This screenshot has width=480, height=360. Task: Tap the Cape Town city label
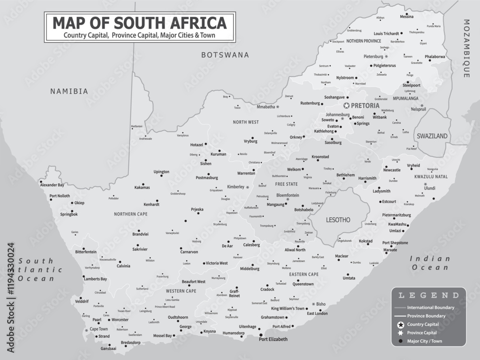coord(99,329)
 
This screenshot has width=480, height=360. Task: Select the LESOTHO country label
coord(338,220)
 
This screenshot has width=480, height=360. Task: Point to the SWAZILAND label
coord(432,136)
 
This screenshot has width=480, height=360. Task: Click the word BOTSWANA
coord(225,55)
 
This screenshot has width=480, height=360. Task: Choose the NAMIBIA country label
coord(70,91)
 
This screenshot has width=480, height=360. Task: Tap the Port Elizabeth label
coord(273,339)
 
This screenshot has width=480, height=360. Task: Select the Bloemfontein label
coord(288,195)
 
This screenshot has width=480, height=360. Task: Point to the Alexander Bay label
coord(52,185)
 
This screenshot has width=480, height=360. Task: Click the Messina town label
coord(407,17)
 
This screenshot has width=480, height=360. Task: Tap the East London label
coord(317,313)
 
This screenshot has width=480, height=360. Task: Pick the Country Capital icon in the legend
coord(400,324)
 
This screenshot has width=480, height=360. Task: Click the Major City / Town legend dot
coord(400,341)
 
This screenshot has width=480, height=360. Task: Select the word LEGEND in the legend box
coord(428,295)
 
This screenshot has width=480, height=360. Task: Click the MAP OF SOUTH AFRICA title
coord(139,23)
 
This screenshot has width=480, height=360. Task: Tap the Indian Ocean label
coord(430,263)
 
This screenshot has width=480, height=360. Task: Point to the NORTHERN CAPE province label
coord(131,214)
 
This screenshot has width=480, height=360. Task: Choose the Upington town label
coord(161,172)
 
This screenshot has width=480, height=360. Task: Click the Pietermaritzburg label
coord(397,215)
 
